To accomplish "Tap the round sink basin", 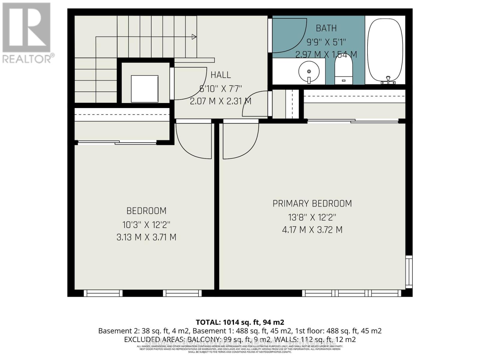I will click(x=309, y=71).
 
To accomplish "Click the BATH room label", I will click(x=326, y=28).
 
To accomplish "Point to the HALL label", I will click(x=220, y=75).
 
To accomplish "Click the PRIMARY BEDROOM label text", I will click(x=312, y=204).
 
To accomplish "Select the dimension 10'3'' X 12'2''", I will click(x=146, y=224).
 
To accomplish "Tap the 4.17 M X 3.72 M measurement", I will click(x=312, y=230).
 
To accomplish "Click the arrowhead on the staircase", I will click(x=194, y=37).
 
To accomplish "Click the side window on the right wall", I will click(x=409, y=271).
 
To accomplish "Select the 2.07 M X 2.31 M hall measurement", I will click(x=220, y=101).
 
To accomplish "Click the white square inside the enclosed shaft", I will click(x=145, y=89).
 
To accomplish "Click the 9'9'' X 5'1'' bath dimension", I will click(x=326, y=42).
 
